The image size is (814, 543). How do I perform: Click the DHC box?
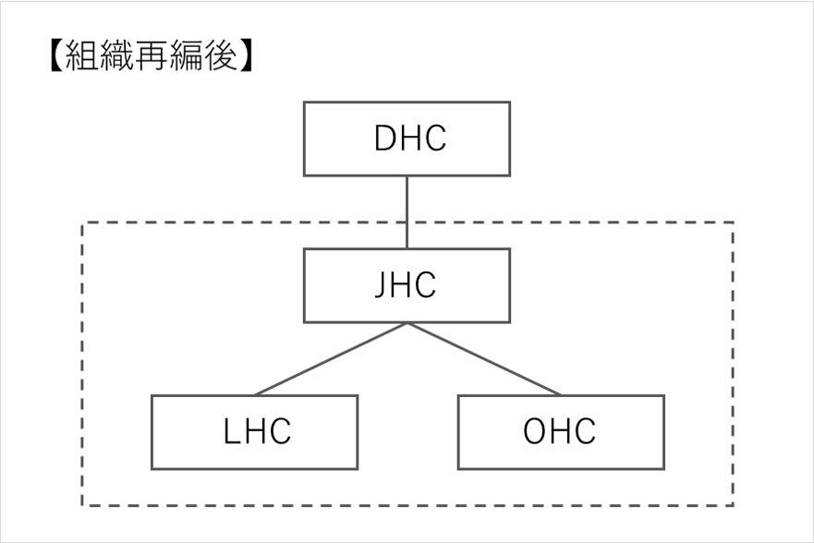pos(407,139)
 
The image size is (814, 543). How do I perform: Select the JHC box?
pos(407,285)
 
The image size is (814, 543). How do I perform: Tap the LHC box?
pos(254,432)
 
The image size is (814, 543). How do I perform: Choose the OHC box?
pos(561,432)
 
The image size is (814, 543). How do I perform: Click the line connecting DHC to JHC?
pos(407,212)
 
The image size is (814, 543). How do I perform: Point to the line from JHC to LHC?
pos(331,359)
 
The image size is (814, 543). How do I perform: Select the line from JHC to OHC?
pos(484,359)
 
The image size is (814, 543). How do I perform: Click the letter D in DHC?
pos(386,138)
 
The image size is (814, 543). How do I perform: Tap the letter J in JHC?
pos(382,284)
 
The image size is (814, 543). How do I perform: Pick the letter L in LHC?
pos(232,431)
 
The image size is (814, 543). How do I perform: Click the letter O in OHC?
pos(534,431)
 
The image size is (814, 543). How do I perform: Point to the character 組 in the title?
pos(81,55)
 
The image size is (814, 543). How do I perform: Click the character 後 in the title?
pos(221,55)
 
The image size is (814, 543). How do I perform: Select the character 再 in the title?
pos(152,55)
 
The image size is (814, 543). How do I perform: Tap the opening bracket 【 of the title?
pos(56,55)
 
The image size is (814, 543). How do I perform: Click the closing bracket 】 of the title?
pos(246,55)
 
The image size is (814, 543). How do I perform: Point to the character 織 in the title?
pos(116,55)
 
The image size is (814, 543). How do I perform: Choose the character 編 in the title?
pos(186,55)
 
